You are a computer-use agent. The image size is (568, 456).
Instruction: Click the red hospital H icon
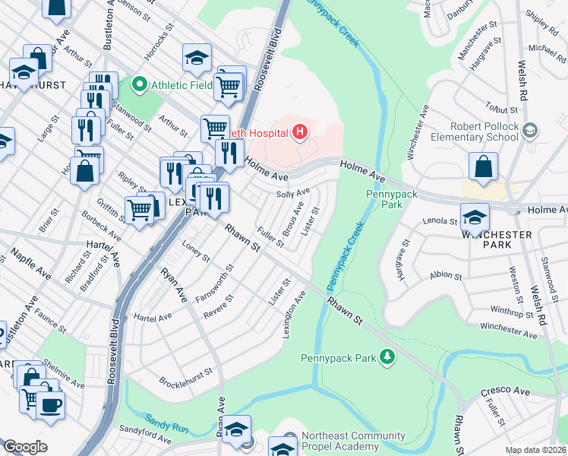click(x=301, y=133)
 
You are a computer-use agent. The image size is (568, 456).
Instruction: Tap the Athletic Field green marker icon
click(x=140, y=84)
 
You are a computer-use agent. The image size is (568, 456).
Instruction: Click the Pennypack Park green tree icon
click(x=387, y=356)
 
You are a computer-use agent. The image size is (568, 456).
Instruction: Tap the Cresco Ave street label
click(x=504, y=391)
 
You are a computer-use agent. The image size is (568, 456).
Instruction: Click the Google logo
click(x=25, y=447)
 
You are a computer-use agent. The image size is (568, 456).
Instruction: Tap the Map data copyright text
click(x=536, y=450)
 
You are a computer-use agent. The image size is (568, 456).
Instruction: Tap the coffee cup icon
click(x=50, y=405)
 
